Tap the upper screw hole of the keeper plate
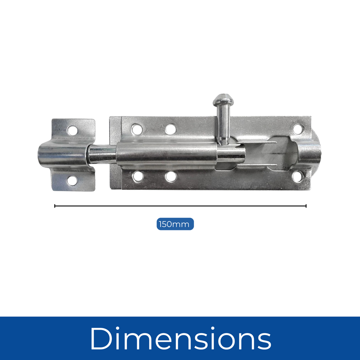pyautogui.click(x=72, y=131)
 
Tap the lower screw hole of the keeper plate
pyautogui.click(x=72, y=180)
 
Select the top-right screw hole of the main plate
pyautogui.click(x=298, y=129)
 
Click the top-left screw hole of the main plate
pyautogui.click(x=137, y=129)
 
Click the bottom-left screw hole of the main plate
pyautogui.click(x=138, y=176)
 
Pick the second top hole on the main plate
pyautogui.click(x=171, y=129)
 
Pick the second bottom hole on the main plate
pyautogui.click(x=171, y=176)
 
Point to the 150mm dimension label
pyautogui.click(x=175, y=224)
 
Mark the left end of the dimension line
pyautogui.click(x=55, y=206)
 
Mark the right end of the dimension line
pyautogui.click(x=306, y=206)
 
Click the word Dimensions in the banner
pyautogui.click(x=180, y=338)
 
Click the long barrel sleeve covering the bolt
pyautogui.click(x=167, y=154)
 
